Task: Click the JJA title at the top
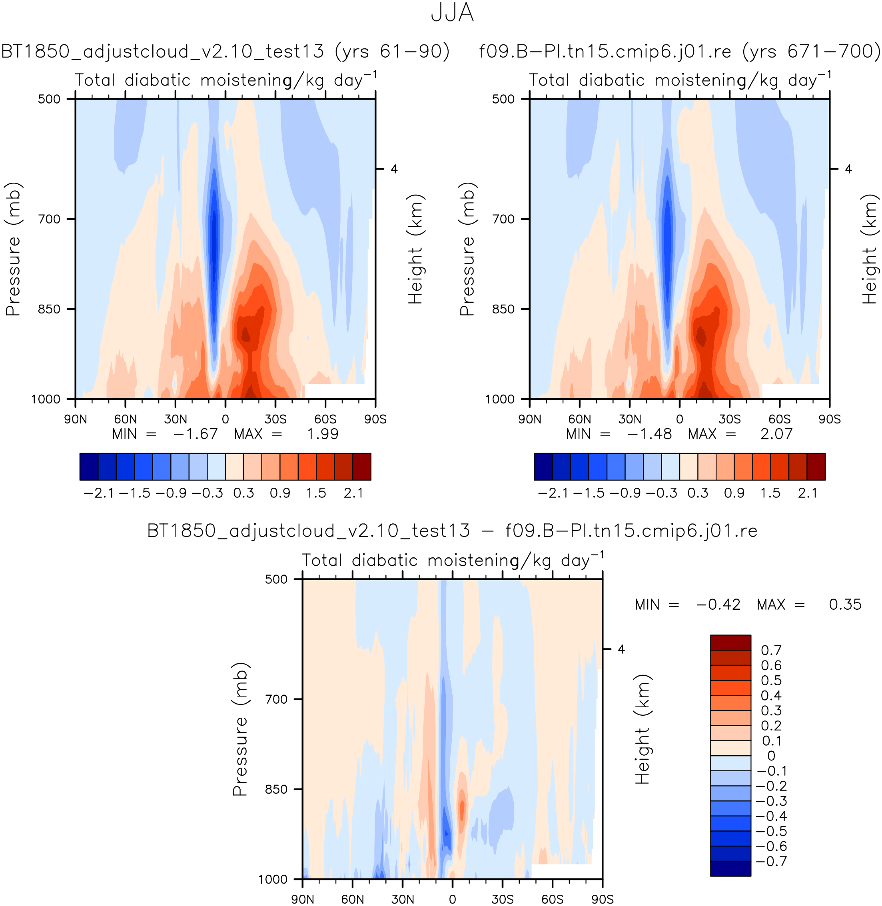[x=452, y=13]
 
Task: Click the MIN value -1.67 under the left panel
[x=195, y=434]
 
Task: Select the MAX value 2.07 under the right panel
[x=776, y=434]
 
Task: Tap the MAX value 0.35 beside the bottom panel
[x=845, y=605]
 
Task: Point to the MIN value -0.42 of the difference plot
[x=718, y=605]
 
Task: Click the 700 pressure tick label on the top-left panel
[x=49, y=219]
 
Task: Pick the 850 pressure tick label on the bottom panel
[x=276, y=789]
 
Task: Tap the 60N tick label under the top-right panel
[x=579, y=419]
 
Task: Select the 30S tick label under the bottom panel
[x=502, y=900]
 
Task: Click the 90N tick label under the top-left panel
[x=76, y=419]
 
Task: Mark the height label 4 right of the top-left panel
[x=394, y=169]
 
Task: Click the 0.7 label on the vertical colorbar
[x=771, y=651]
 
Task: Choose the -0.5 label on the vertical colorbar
[x=771, y=831]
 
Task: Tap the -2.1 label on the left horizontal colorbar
[x=98, y=493]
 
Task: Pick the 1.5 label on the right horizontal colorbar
[x=770, y=493]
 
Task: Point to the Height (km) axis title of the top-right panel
[x=870, y=249]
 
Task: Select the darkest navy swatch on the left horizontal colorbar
[x=89, y=467]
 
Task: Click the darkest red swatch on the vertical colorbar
[x=730, y=643]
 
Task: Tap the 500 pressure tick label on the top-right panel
[x=503, y=99]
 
